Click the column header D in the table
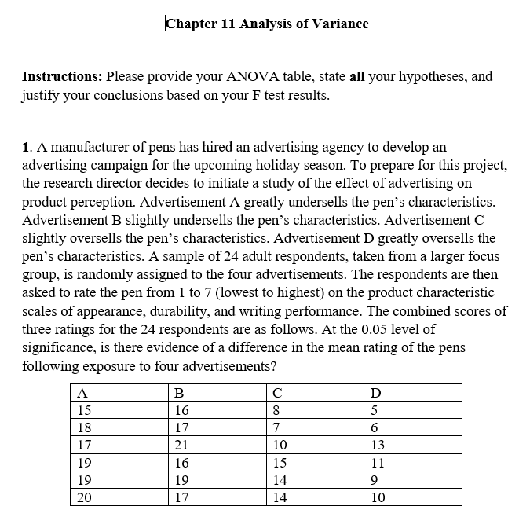(375, 393)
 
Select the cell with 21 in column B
(182, 445)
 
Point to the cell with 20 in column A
(85, 497)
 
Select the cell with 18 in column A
(85, 427)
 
